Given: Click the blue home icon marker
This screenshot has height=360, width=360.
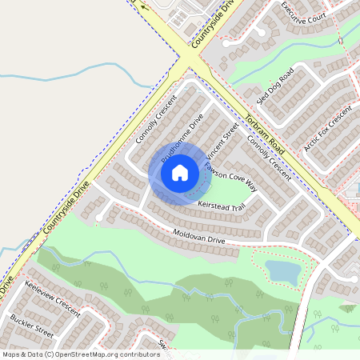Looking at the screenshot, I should (x=180, y=172).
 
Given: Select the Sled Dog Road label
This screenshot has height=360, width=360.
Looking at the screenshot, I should (x=275, y=86).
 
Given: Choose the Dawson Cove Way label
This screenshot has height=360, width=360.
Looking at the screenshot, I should (x=230, y=177).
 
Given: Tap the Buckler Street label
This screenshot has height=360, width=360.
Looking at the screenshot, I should (x=32, y=327).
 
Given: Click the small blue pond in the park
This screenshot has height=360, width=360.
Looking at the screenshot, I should (x=282, y=271).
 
